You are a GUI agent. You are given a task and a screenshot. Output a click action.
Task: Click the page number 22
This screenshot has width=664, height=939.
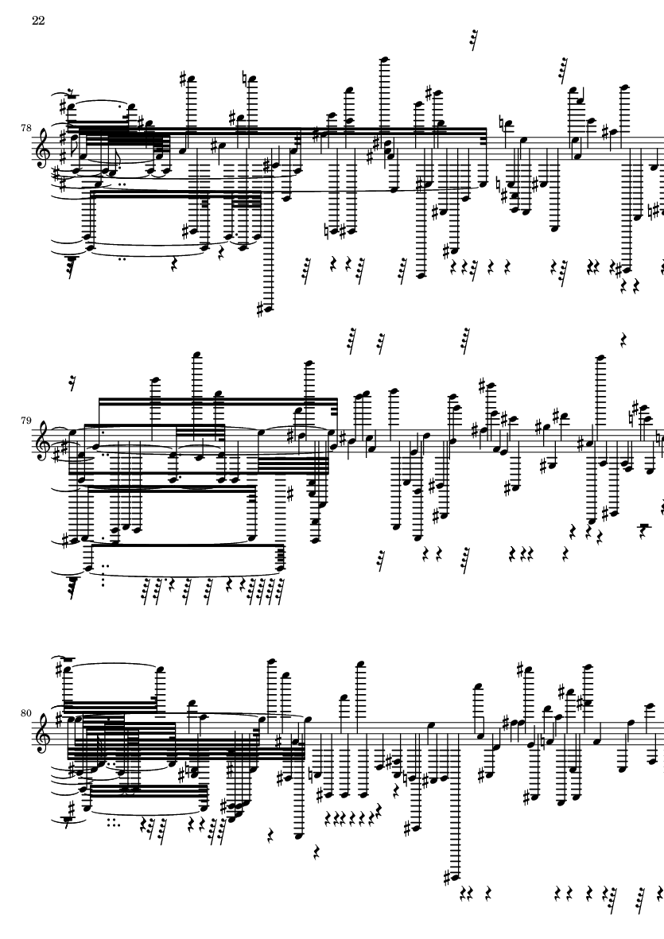pyautogui.click(x=38, y=21)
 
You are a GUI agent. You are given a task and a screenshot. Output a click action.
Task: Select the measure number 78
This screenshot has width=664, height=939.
pyautogui.click(x=25, y=127)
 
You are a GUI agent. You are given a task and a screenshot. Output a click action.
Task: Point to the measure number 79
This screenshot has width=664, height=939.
pyautogui.click(x=25, y=421)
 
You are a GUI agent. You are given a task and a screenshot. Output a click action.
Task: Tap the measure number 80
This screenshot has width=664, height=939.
pyautogui.click(x=25, y=713)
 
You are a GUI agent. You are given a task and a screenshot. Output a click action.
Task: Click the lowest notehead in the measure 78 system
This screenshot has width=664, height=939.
pyautogui.click(x=264, y=309)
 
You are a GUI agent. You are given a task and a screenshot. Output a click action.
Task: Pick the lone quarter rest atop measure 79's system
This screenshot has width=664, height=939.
pyautogui.click(x=623, y=341)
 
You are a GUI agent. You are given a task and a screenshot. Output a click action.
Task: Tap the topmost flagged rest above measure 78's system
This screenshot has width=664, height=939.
pyautogui.click(x=474, y=40)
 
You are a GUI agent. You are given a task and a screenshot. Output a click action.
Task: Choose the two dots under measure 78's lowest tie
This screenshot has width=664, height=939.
pyautogui.click(x=124, y=259)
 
